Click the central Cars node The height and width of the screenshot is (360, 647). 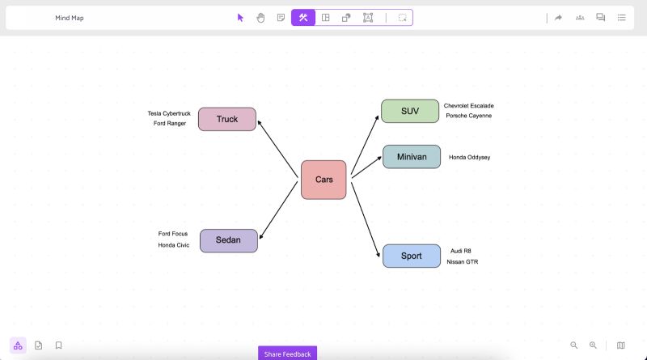coord(323,180)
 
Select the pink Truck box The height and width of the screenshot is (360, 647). coord(227,119)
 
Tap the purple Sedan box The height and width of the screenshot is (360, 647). coord(228,240)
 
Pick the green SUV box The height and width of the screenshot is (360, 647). coord(410,111)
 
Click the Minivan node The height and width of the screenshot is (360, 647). coord(411,156)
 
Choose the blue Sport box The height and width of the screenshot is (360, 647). coord(411,256)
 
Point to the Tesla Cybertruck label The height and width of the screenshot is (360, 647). coord(169,113)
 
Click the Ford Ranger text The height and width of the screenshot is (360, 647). coord(170,124)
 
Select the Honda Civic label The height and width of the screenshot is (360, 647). coord(174,245)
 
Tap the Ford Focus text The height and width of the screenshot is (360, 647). coord(173,234)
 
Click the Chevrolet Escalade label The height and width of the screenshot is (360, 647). coord(468,106)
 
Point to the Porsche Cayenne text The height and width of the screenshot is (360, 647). coord(468,116)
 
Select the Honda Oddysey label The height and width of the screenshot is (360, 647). coord(469,157)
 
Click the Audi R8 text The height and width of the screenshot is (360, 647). coord(461,251)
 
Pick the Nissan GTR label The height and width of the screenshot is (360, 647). coord(463,262)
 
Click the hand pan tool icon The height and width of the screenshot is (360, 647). coord(260,17)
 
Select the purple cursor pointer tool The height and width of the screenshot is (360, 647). coord(240,17)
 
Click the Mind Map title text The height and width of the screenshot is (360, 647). coord(70,18)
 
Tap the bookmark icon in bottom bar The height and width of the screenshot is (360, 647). coord(59,345)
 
